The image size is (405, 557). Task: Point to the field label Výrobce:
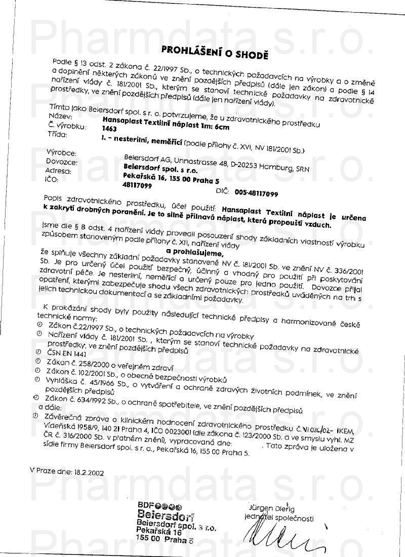click(x=61, y=152)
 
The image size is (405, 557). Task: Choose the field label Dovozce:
click(x=61, y=162)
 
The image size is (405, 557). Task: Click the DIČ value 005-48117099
click(x=256, y=193)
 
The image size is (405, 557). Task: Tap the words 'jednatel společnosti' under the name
click(x=278, y=519)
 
